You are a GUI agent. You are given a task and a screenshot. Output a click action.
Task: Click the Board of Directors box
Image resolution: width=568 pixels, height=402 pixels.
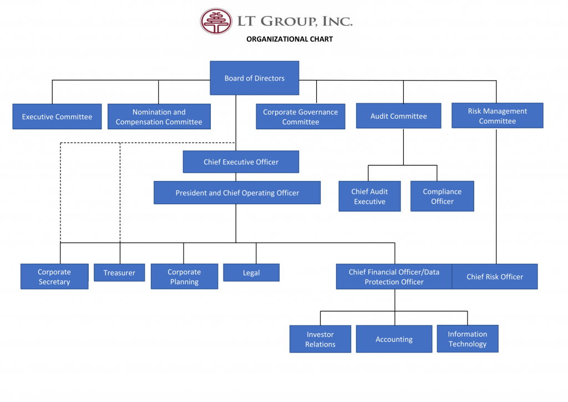point(254,78)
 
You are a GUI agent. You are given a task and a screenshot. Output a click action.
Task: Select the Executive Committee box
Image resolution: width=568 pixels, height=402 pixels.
point(57,117)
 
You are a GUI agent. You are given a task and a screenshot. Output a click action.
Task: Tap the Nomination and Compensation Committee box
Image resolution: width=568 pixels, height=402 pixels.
point(159,117)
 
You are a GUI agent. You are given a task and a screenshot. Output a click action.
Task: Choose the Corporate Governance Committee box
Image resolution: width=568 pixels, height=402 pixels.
point(301,117)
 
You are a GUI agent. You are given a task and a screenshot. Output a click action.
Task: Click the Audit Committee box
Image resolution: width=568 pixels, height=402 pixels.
point(399,116)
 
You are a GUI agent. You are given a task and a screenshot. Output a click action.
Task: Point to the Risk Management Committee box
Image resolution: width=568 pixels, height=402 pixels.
point(498,115)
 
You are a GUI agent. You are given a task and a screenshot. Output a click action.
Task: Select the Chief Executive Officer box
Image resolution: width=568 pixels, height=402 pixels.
point(241,162)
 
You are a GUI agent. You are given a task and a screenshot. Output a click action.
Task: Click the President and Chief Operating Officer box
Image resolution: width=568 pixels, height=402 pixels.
point(237,193)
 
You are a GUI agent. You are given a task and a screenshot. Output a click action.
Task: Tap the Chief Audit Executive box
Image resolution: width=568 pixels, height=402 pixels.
point(369,196)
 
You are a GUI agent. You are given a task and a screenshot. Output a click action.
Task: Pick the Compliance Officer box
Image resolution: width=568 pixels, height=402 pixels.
point(442,196)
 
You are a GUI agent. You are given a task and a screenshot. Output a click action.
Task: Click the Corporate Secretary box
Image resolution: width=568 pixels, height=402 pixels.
point(54,277)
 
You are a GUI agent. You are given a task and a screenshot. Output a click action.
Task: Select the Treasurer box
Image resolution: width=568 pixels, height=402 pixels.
point(119,273)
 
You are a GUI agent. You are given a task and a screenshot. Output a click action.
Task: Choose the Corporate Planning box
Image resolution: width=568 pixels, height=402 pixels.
point(184,277)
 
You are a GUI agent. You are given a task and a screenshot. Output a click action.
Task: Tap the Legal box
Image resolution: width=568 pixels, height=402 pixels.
point(251,273)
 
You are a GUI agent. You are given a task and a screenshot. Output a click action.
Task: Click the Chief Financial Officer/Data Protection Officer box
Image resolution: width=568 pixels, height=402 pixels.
point(394,277)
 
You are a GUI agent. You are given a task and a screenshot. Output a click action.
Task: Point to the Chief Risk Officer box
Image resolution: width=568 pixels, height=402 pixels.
point(495,277)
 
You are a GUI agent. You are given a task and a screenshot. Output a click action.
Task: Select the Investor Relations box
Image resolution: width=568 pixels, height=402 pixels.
point(320,339)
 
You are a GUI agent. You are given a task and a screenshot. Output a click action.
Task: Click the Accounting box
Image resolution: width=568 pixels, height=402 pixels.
point(394,339)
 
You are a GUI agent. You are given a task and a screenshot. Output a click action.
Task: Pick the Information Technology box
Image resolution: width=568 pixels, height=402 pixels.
point(467,339)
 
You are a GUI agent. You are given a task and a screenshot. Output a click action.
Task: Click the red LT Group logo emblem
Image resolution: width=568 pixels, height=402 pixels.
point(216,21)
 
